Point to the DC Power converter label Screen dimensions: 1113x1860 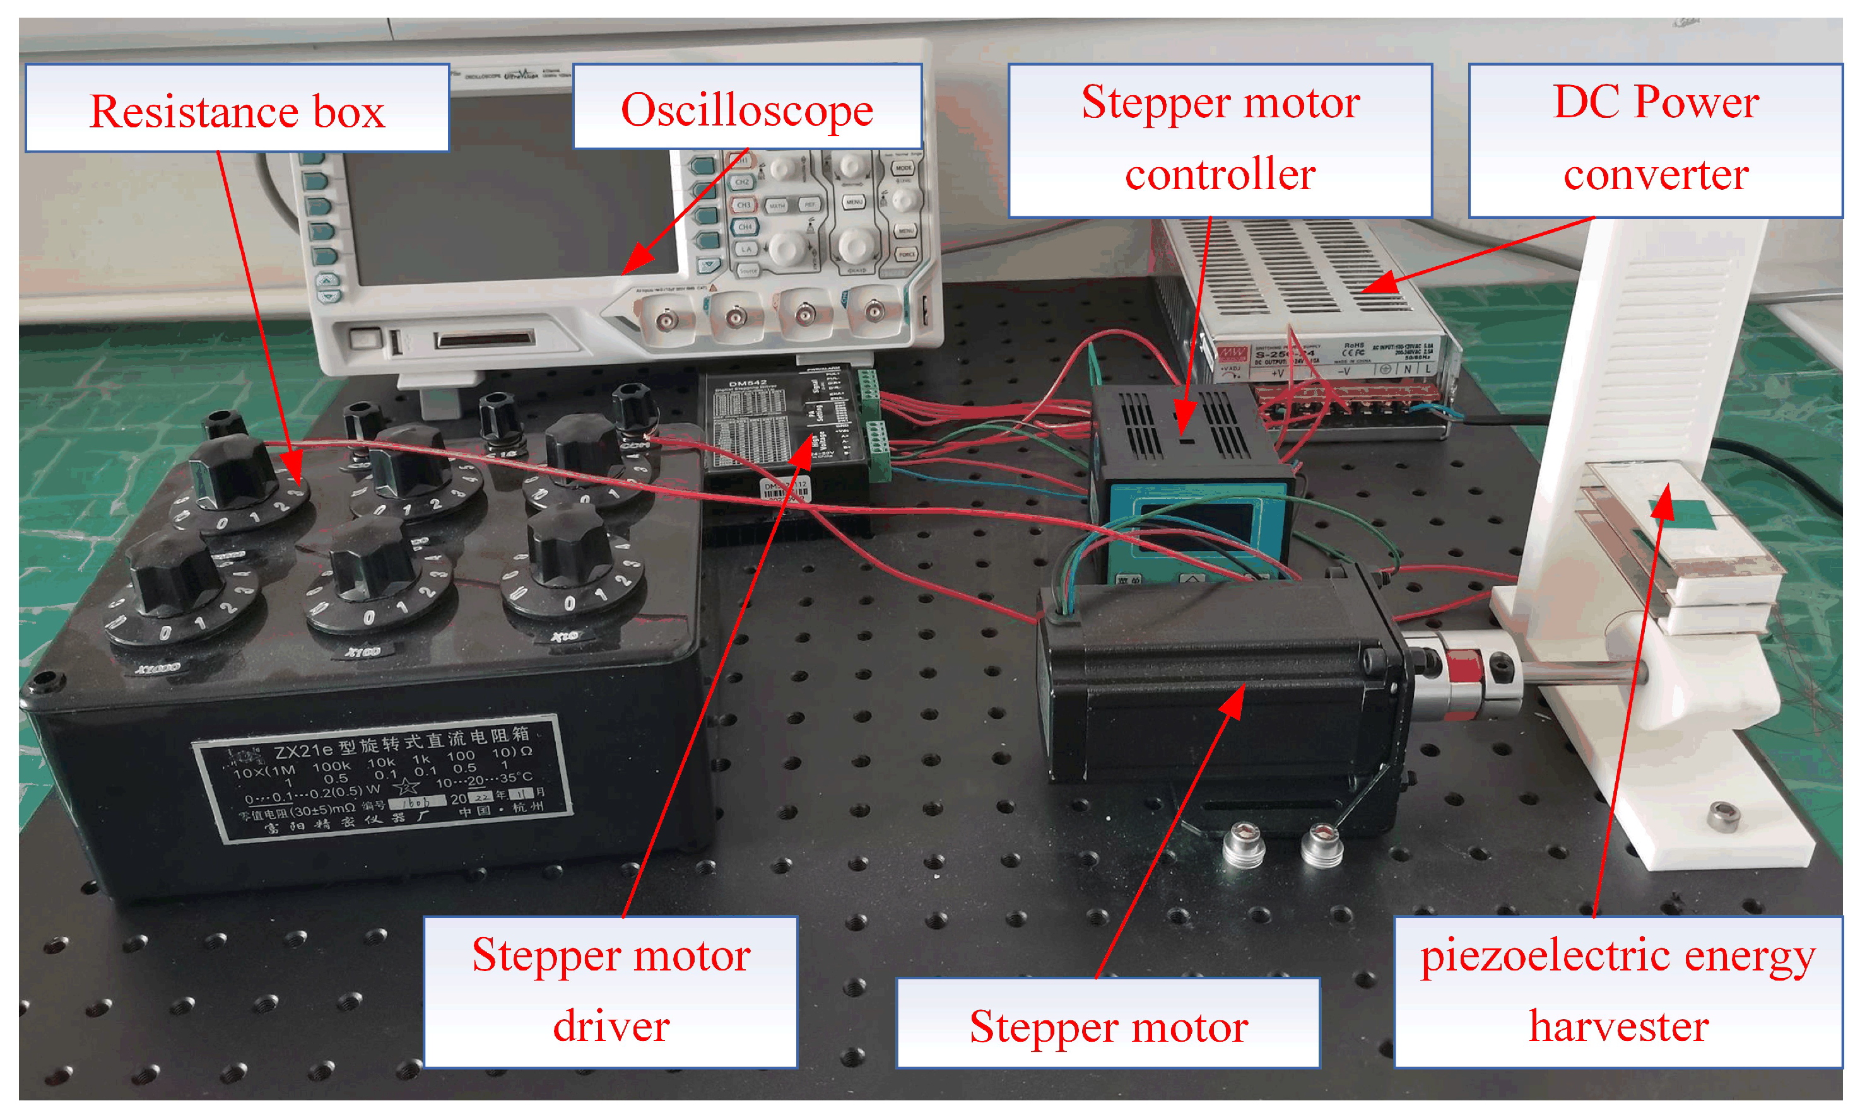tap(1654, 140)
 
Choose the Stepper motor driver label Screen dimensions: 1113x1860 tap(610, 991)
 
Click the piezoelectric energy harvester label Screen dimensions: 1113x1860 tap(1618, 991)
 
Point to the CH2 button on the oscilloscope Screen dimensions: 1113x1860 tap(742, 182)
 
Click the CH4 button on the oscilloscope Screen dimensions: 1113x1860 tap(745, 226)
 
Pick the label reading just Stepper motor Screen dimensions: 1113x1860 tap(1107, 1023)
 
